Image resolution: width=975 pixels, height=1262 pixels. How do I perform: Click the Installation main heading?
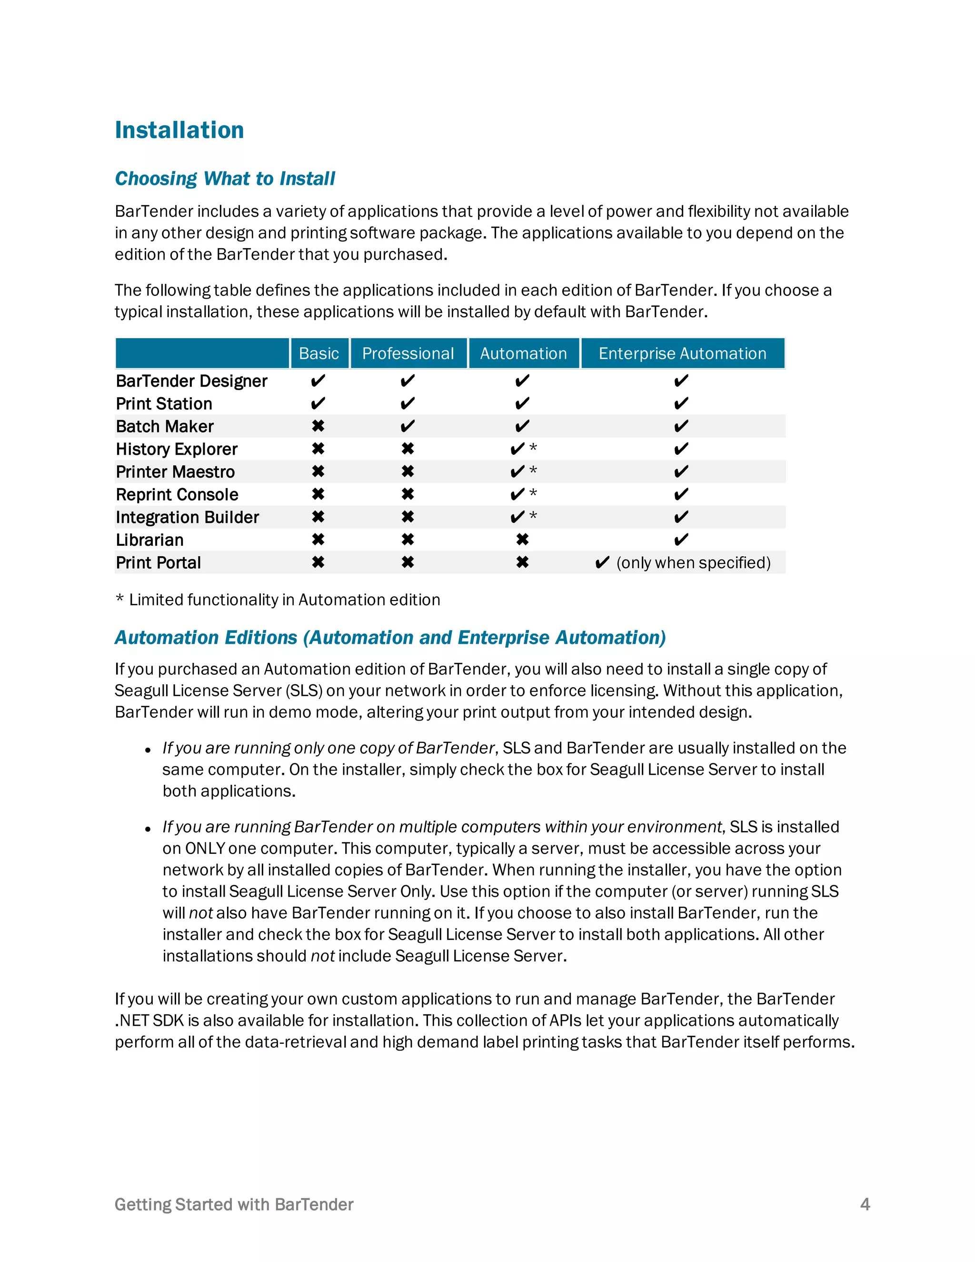(179, 130)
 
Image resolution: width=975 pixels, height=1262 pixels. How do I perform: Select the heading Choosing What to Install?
(225, 179)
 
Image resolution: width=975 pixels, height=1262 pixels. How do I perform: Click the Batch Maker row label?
(165, 426)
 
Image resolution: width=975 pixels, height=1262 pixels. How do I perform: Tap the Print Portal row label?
(158, 562)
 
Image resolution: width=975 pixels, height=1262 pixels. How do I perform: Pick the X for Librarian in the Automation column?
(522, 540)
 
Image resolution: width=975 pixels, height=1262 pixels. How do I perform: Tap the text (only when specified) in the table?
(693, 562)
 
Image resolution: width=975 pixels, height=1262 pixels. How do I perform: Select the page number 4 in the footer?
(865, 1204)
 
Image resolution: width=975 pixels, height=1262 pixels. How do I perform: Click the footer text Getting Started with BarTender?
(234, 1204)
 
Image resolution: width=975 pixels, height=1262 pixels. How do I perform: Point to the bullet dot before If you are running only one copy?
(148, 750)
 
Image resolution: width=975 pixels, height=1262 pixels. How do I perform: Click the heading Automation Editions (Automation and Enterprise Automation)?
(390, 637)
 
